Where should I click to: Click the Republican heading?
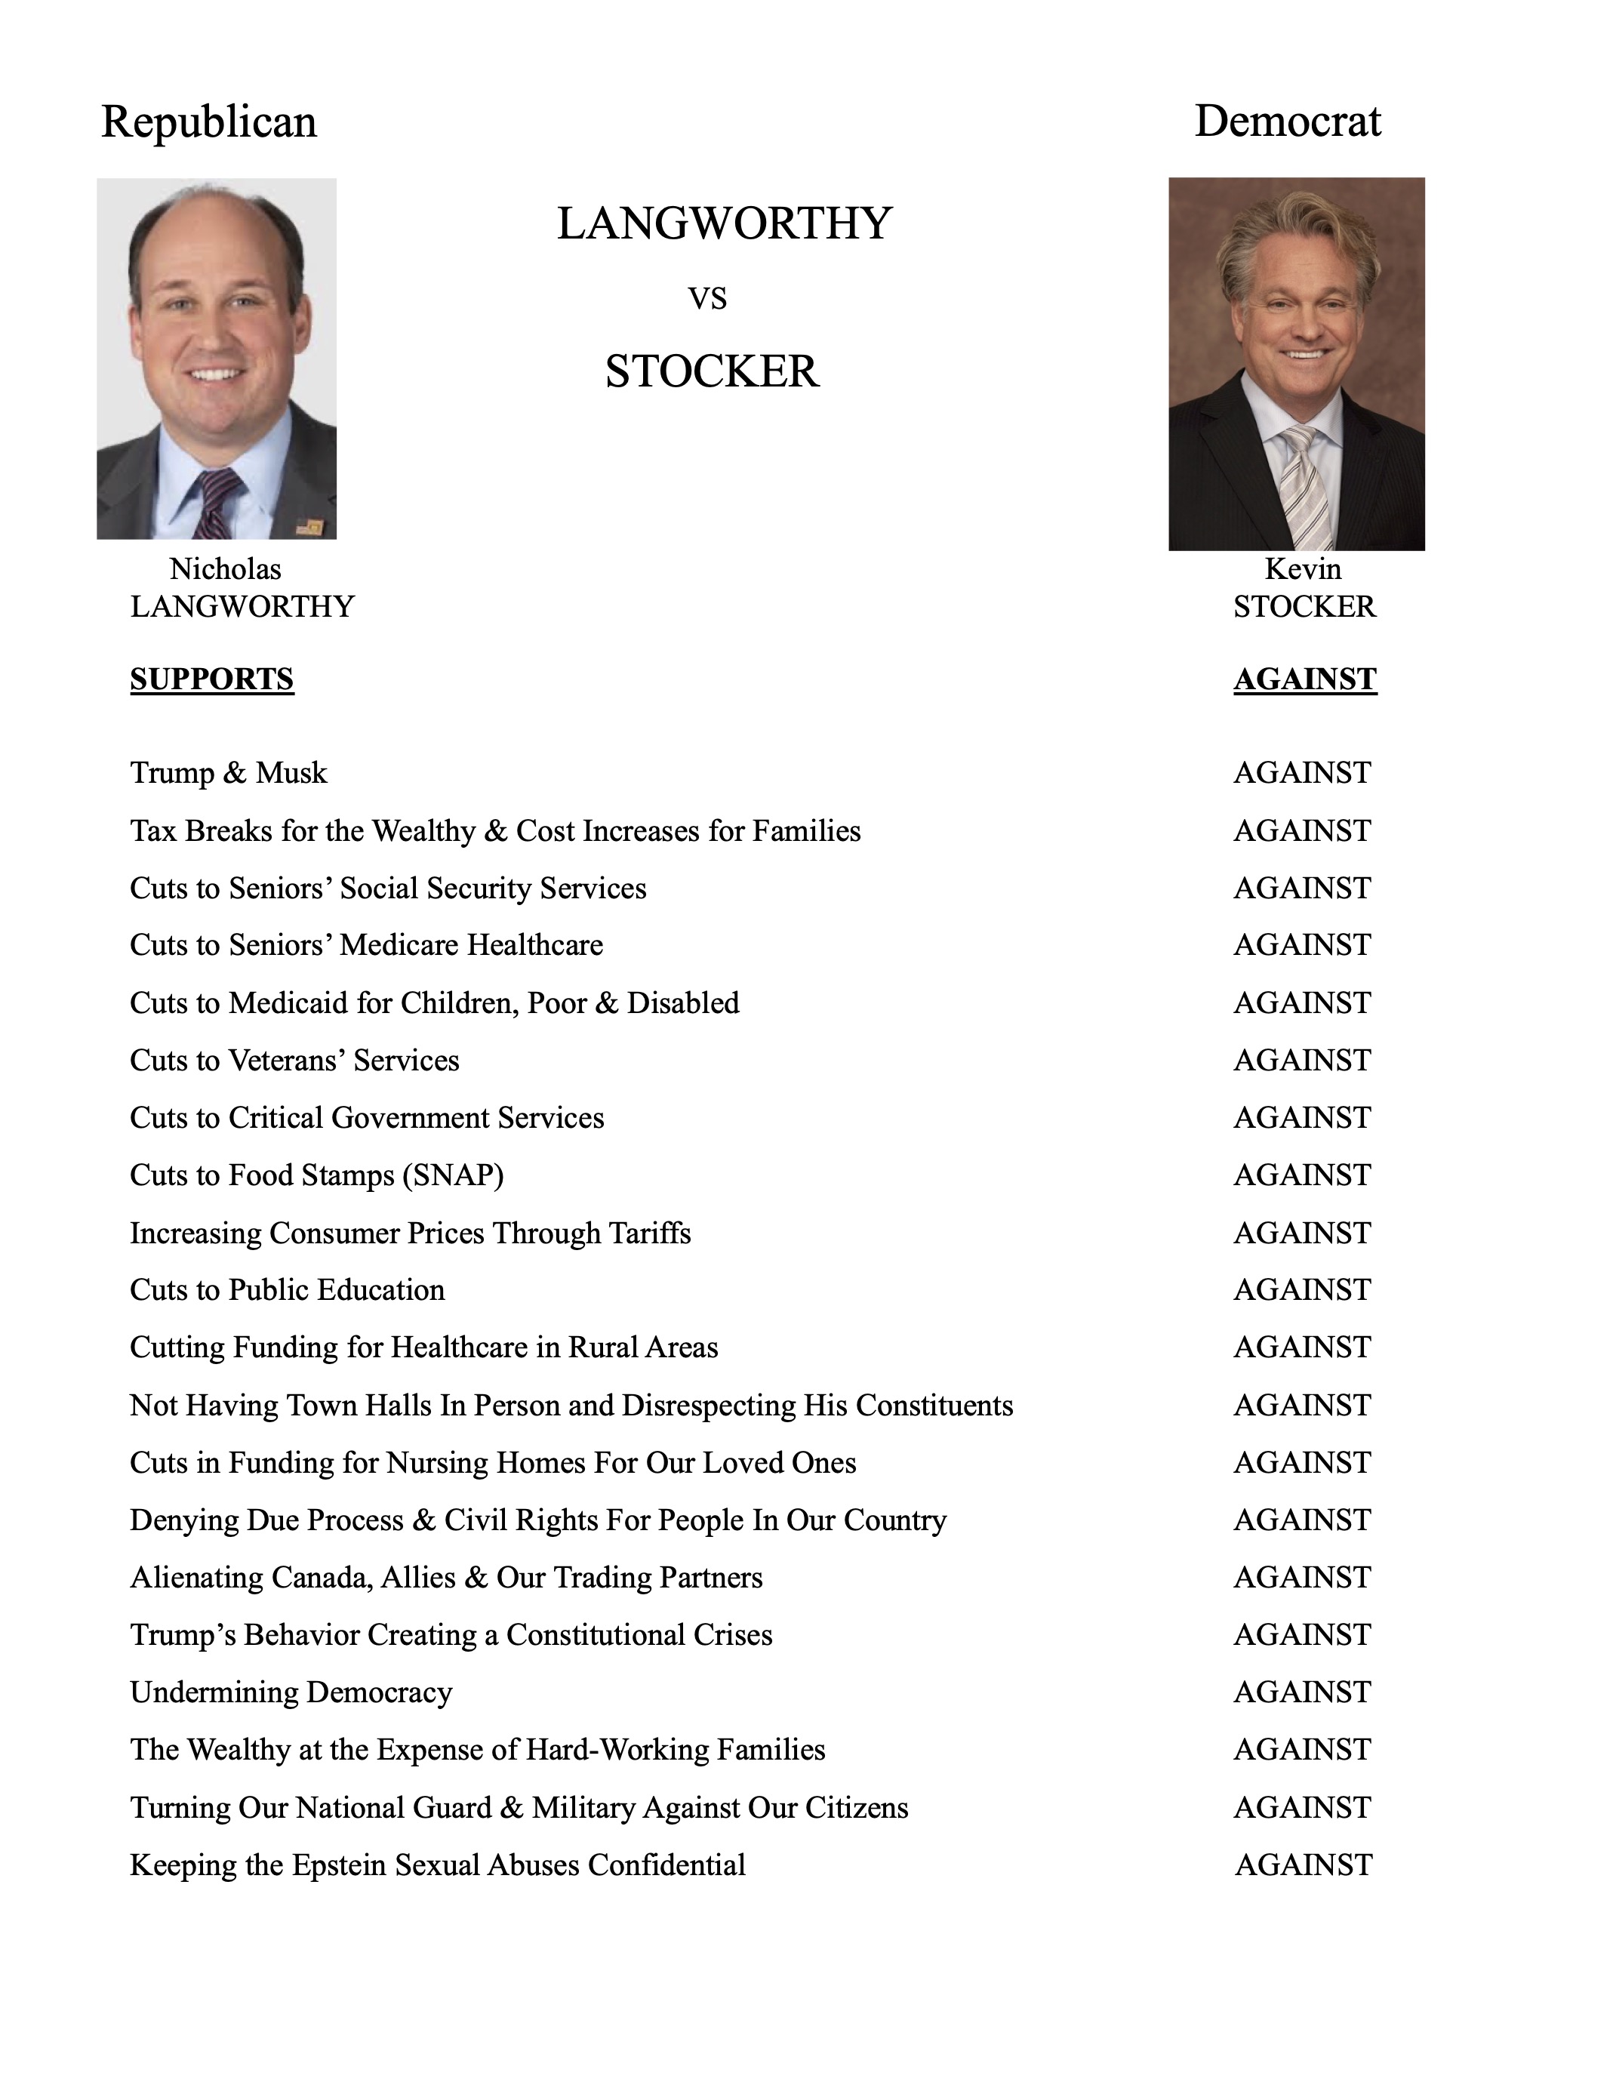click(x=208, y=122)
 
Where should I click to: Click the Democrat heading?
click(x=1287, y=122)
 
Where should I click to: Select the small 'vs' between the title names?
click(x=707, y=299)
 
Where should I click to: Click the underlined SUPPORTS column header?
click(x=211, y=679)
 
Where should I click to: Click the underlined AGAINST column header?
click(x=1304, y=679)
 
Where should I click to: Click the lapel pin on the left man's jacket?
click(x=308, y=525)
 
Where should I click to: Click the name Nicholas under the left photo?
click(x=225, y=569)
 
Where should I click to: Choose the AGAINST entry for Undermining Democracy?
click(x=1301, y=1692)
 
